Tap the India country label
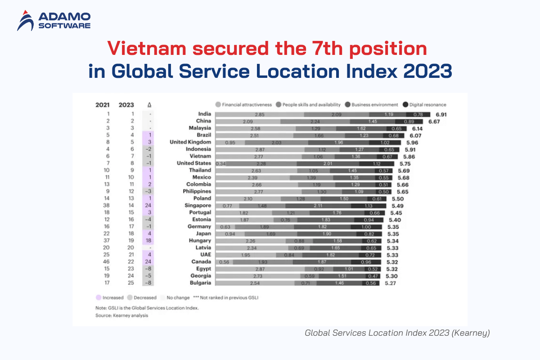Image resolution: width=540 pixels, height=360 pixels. click(205, 114)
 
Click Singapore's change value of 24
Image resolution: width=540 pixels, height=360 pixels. click(148, 206)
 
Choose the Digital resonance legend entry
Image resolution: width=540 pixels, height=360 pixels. click(425, 104)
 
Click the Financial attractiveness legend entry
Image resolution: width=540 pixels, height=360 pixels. click(243, 104)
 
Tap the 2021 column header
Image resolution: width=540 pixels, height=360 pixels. click(103, 105)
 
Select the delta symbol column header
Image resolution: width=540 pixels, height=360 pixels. click(149, 105)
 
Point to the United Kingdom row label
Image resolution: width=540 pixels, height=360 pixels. click(190, 142)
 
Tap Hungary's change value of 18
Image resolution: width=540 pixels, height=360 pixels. click(148, 241)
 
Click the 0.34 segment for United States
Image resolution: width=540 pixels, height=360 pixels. click(220, 163)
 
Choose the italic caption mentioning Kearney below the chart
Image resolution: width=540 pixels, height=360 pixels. click(397, 333)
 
